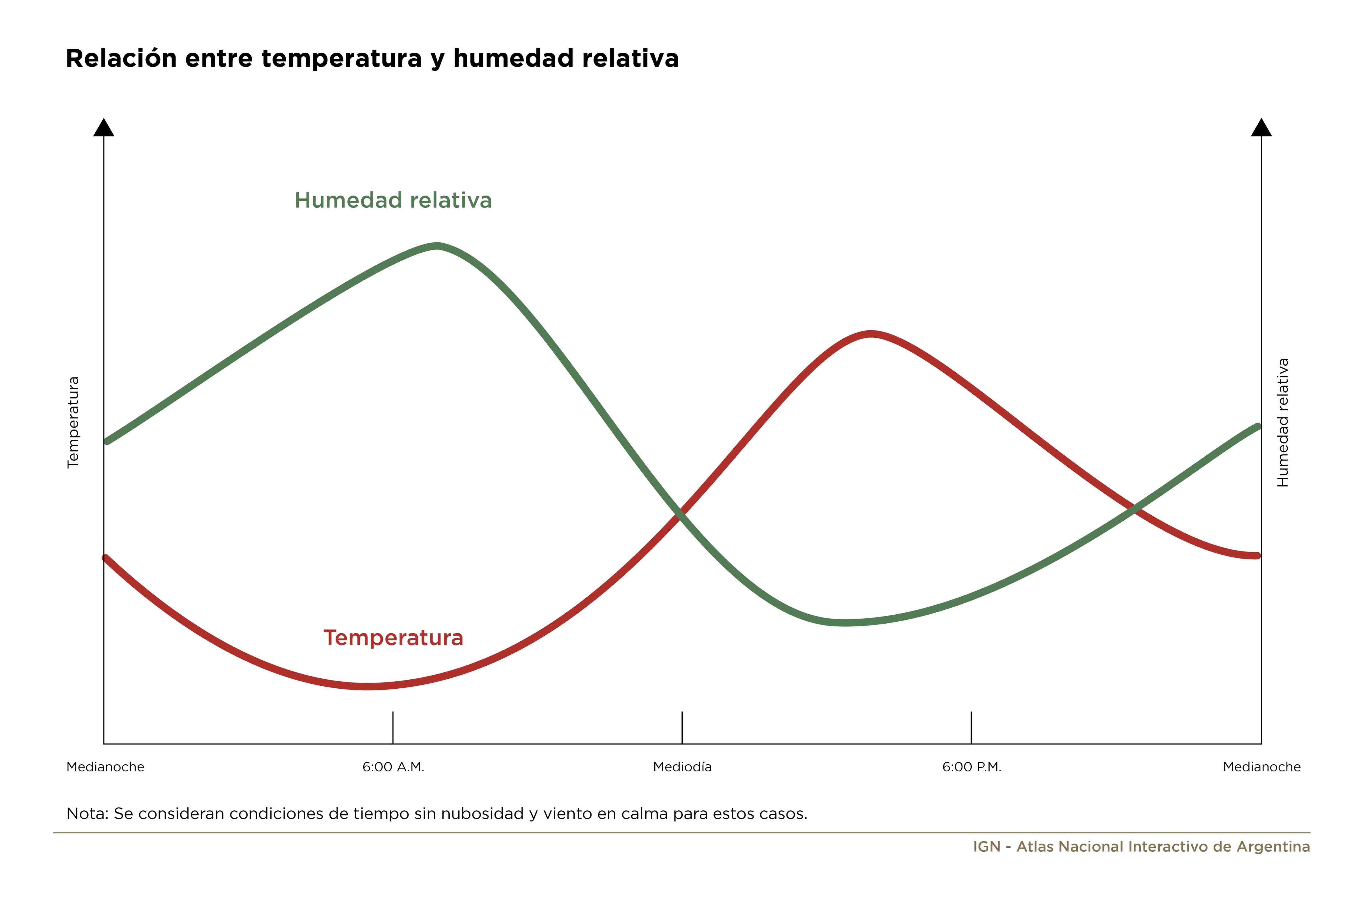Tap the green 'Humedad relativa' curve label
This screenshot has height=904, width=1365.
(x=393, y=200)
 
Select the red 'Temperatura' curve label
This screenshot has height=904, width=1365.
(x=393, y=638)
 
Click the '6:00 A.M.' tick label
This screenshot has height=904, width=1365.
(x=393, y=767)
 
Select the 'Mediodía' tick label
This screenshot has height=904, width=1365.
(x=682, y=767)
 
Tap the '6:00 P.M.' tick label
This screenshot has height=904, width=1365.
(x=972, y=767)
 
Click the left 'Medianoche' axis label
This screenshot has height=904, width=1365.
(x=105, y=767)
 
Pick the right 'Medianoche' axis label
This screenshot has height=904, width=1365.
(x=1262, y=767)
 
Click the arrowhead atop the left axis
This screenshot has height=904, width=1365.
(x=104, y=127)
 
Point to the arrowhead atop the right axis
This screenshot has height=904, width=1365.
(x=1261, y=127)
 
